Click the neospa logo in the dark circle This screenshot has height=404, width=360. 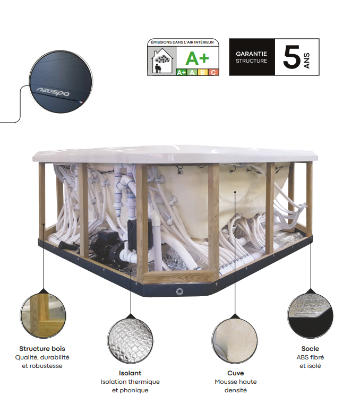point(53,92)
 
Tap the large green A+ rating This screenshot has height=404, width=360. point(197,58)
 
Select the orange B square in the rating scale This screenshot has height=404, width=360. point(202,72)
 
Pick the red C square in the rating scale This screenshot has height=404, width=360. point(213,72)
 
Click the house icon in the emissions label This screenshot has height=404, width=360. point(161,61)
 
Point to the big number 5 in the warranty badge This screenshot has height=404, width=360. point(292,57)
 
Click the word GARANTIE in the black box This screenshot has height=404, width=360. point(251,54)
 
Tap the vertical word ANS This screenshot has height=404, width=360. point(307,61)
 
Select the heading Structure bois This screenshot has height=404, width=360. point(42,349)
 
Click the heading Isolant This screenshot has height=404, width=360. point(130,373)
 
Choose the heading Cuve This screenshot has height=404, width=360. point(236,373)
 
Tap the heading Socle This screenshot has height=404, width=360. point(310,349)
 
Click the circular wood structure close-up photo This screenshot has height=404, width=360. point(43,315)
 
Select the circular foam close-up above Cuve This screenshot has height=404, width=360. point(235,341)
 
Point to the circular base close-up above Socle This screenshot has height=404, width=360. point(310,315)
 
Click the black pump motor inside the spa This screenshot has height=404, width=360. point(106,245)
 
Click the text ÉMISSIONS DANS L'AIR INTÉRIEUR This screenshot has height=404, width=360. point(182,42)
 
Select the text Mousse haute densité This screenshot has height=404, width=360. point(236,386)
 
